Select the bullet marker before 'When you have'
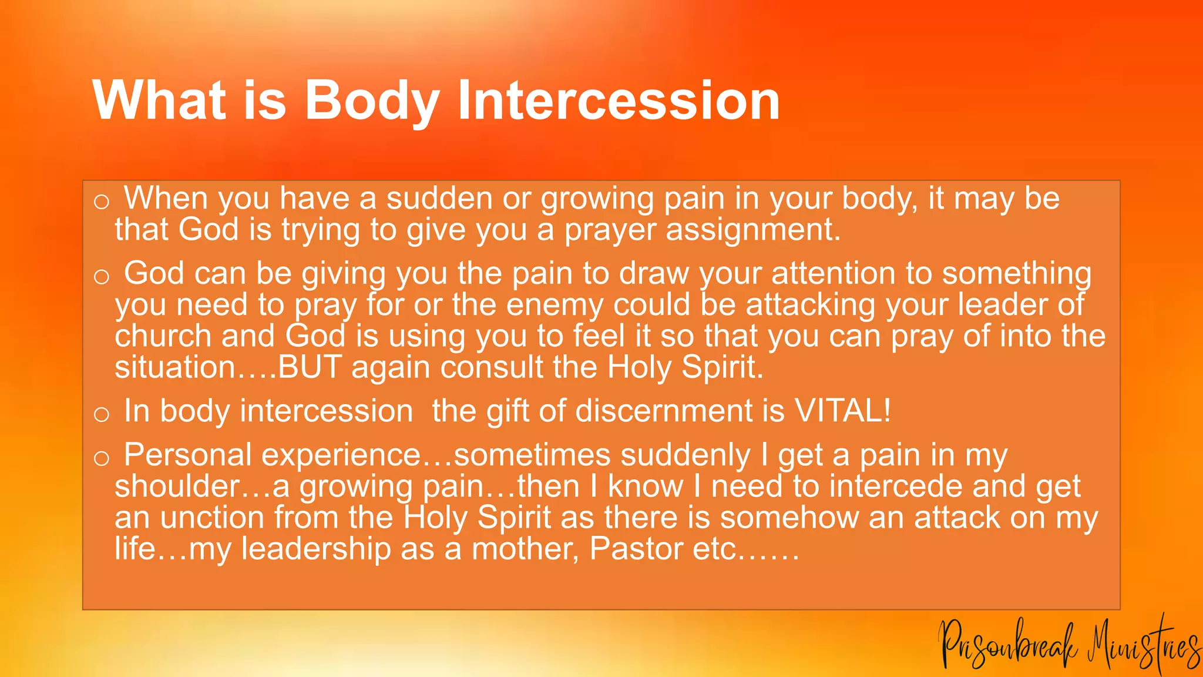[x=102, y=202]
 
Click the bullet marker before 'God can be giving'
[x=102, y=276]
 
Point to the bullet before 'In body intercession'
[x=102, y=414]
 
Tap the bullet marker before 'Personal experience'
[x=102, y=458]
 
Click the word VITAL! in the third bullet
[x=842, y=410]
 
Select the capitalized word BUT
[x=309, y=367]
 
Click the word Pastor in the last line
[x=636, y=548]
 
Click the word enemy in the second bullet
[x=555, y=304]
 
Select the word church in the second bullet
[x=163, y=336]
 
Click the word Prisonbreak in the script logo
[x=1007, y=646]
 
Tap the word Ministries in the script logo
[x=1143, y=646]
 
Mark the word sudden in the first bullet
[x=439, y=198]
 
